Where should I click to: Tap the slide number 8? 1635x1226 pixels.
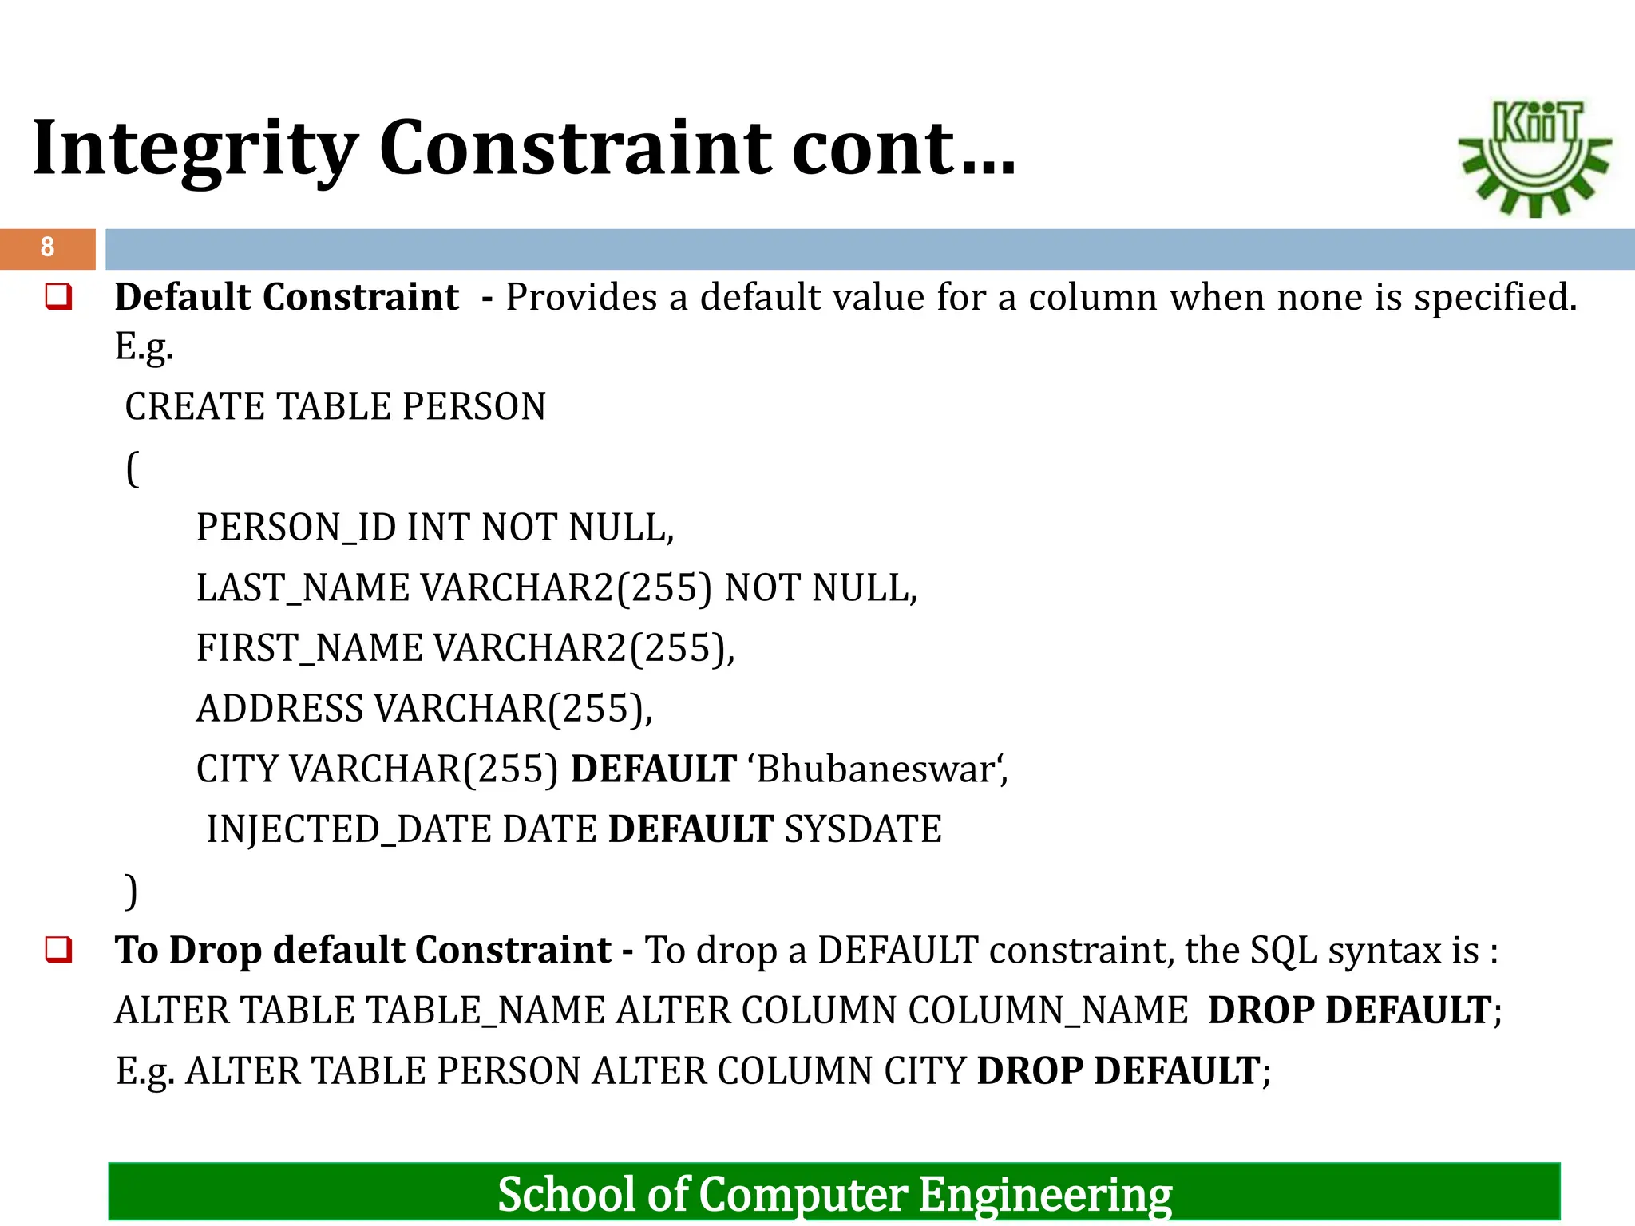(x=47, y=247)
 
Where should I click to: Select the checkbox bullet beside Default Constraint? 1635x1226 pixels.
(x=59, y=298)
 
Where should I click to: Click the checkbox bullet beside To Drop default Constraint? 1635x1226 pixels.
(x=59, y=951)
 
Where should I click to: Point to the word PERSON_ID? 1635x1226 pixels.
(x=296, y=528)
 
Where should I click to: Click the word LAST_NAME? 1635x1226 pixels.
(x=303, y=589)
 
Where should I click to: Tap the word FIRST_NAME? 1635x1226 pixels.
(x=309, y=649)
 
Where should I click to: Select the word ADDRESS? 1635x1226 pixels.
(x=279, y=709)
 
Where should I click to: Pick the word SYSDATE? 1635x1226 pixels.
(x=863, y=830)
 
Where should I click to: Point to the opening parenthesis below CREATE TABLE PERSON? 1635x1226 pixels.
(x=133, y=469)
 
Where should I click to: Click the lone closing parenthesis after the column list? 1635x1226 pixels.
(x=132, y=891)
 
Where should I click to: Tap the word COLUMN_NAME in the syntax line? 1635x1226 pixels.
(x=1047, y=1011)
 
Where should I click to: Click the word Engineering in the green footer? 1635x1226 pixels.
(x=1045, y=1195)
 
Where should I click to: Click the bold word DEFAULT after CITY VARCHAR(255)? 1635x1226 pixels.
(x=653, y=769)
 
